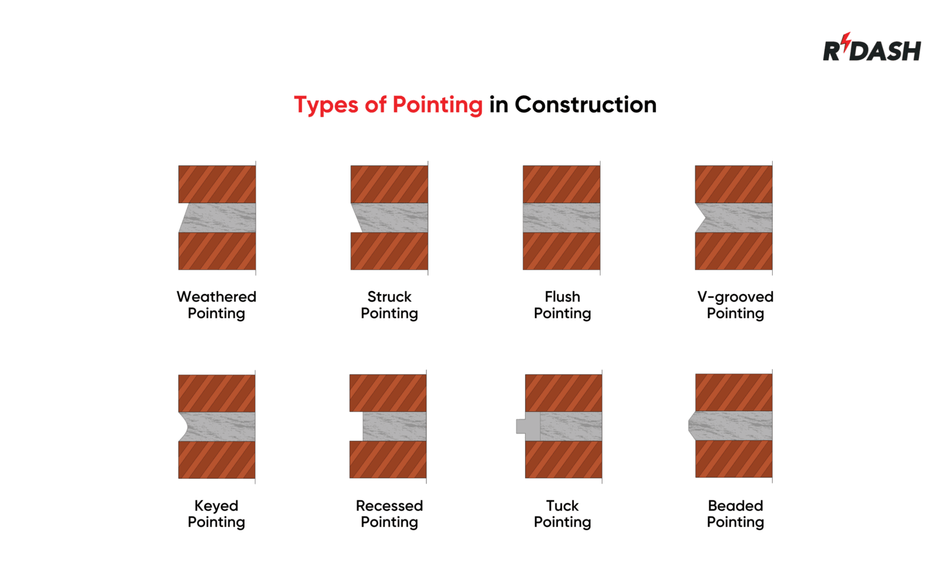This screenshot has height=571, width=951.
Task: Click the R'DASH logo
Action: click(x=871, y=49)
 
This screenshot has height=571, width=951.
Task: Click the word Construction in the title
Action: click(x=585, y=105)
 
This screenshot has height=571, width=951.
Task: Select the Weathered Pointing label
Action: click(x=216, y=305)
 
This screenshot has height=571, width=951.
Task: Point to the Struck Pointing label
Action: click(x=389, y=305)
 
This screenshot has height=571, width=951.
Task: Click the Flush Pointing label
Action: click(x=562, y=305)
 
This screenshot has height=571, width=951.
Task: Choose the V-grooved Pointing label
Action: click(x=735, y=305)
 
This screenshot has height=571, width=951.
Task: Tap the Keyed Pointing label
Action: click(x=216, y=513)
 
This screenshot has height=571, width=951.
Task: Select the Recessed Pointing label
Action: click(x=389, y=513)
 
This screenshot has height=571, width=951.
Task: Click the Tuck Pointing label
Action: click(x=562, y=513)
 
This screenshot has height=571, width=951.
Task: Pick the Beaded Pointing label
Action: click(x=735, y=513)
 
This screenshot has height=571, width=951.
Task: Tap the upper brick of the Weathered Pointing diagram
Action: click(x=217, y=184)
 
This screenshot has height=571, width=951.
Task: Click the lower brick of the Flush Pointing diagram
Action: click(x=561, y=251)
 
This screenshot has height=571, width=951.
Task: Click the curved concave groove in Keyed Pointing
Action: click(x=184, y=427)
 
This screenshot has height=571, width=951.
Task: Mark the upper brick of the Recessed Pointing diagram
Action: click(x=388, y=393)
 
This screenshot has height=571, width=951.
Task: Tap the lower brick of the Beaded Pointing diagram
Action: click(x=734, y=459)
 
